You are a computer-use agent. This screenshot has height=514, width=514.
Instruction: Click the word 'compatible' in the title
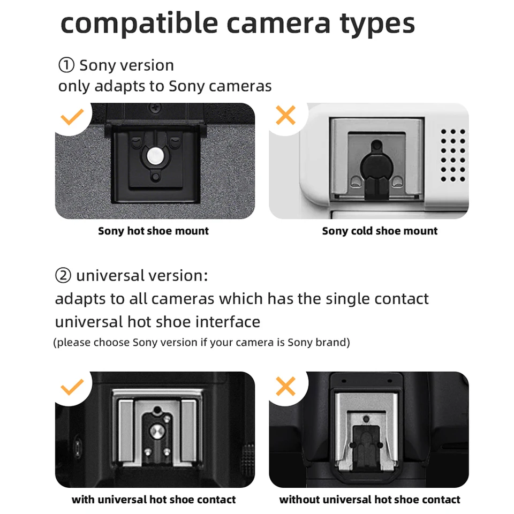click(139, 23)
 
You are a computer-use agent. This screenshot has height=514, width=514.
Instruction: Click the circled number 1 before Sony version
click(66, 65)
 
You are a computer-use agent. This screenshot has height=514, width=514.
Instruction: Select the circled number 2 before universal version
click(63, 275)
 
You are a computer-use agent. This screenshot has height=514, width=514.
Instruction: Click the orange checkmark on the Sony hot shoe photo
click(72, 117)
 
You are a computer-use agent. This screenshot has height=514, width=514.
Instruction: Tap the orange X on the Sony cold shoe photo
click(286, 115)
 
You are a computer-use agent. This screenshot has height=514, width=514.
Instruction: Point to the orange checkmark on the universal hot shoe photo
click(72, 387)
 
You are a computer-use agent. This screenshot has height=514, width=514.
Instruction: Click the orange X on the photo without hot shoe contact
click(286, 386)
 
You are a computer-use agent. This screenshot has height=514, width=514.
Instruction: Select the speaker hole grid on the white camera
click(453, 155)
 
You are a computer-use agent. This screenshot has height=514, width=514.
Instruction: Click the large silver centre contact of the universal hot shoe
click(157, 431)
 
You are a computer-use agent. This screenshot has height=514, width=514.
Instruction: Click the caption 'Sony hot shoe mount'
click(154, 231)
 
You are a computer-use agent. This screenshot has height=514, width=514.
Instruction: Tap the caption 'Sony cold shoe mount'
click(380, 231)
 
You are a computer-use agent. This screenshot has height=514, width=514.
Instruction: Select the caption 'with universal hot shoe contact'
click(154, 499)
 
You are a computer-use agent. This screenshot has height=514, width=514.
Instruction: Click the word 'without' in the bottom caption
click(299, 499)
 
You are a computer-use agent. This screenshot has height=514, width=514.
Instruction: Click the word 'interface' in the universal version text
click(228, 322)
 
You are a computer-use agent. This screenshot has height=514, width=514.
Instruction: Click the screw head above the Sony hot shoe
click(154, 107)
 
